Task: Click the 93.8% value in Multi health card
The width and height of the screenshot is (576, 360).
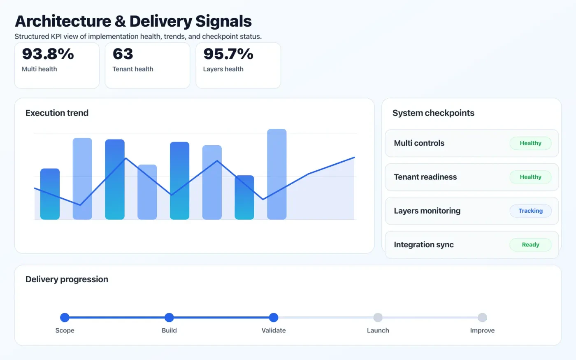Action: [x=48, y=54]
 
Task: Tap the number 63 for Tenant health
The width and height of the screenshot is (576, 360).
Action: [x=123, y=54]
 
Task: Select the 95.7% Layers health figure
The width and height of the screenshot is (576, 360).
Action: [x=228, y=54]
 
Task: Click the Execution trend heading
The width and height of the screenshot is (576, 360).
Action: [x=57, y=113]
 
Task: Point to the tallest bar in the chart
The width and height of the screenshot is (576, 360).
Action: [x=277, y=174]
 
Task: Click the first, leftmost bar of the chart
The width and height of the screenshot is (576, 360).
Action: [x=50, y=194]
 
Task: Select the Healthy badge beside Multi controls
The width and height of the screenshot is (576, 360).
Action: [x=530, y=143]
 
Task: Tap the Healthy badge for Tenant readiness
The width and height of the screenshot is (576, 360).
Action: [x=530, y=177]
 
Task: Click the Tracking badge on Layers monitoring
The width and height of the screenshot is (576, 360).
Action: [x=530, y=211]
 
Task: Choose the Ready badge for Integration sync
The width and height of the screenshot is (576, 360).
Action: [x=530, y=245]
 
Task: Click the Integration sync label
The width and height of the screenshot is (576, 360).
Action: [x=424, y=245]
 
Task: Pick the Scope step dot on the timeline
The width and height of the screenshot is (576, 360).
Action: [x=65, y=317]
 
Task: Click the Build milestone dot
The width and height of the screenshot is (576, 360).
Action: [x=169, y=317]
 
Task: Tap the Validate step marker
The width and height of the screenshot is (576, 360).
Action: [x=274, y=317]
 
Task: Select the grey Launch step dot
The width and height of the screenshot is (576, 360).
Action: [x=378, y=317]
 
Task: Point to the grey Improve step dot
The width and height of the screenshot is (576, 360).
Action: [x=482, y=317]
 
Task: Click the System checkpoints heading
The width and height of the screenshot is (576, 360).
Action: [x=433, y=113]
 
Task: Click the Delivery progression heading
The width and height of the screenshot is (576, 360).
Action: [x=67, y=279]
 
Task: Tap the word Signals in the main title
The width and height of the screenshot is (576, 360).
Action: [x=223, y=21]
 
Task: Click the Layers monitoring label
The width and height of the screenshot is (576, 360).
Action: [x=427, y=211]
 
